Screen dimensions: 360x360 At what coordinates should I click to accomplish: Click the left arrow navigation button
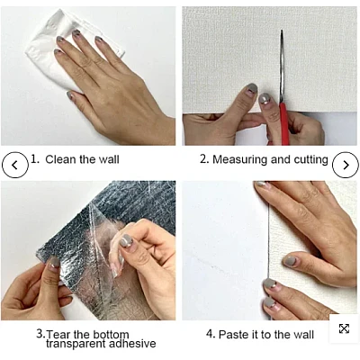pyautogui.click(x=15, y=165)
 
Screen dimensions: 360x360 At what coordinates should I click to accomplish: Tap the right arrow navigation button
pyautogui.click(x=346, y=165)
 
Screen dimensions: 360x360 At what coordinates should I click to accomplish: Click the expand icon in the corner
pyautogui.click(x=344, y=328)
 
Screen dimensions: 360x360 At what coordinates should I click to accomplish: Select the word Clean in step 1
pyautogui.click(x=61, y=159)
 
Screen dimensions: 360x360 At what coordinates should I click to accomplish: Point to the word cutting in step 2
pyautogui.click(x=310, y=159)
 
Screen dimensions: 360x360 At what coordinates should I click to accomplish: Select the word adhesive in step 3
pyautogui.click(x=132, y=344)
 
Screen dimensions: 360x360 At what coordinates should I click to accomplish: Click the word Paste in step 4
pyautogui.click(x=233, y=335)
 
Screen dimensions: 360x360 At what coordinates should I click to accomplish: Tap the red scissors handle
pyautogui.click(x=284, y=123)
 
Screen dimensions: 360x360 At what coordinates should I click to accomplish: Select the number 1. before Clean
pyautogui.click(x=35, y=159)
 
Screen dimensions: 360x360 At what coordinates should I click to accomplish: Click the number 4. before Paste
pyautogui.click(x=211, y=334)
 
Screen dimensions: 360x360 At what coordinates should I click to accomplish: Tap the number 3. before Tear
pyautogui.click(x=41, y=334)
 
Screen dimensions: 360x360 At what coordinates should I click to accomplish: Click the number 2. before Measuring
pyautogui.click(x=204, y=159)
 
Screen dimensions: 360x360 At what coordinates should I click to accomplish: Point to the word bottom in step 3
pyautogui.click(x=112, y=334)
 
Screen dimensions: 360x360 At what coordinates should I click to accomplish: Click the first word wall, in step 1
pyautogui.click(x=110, y=159)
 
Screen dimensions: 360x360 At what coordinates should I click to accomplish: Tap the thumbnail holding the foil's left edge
pyautogui.click(x=54, y=264)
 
